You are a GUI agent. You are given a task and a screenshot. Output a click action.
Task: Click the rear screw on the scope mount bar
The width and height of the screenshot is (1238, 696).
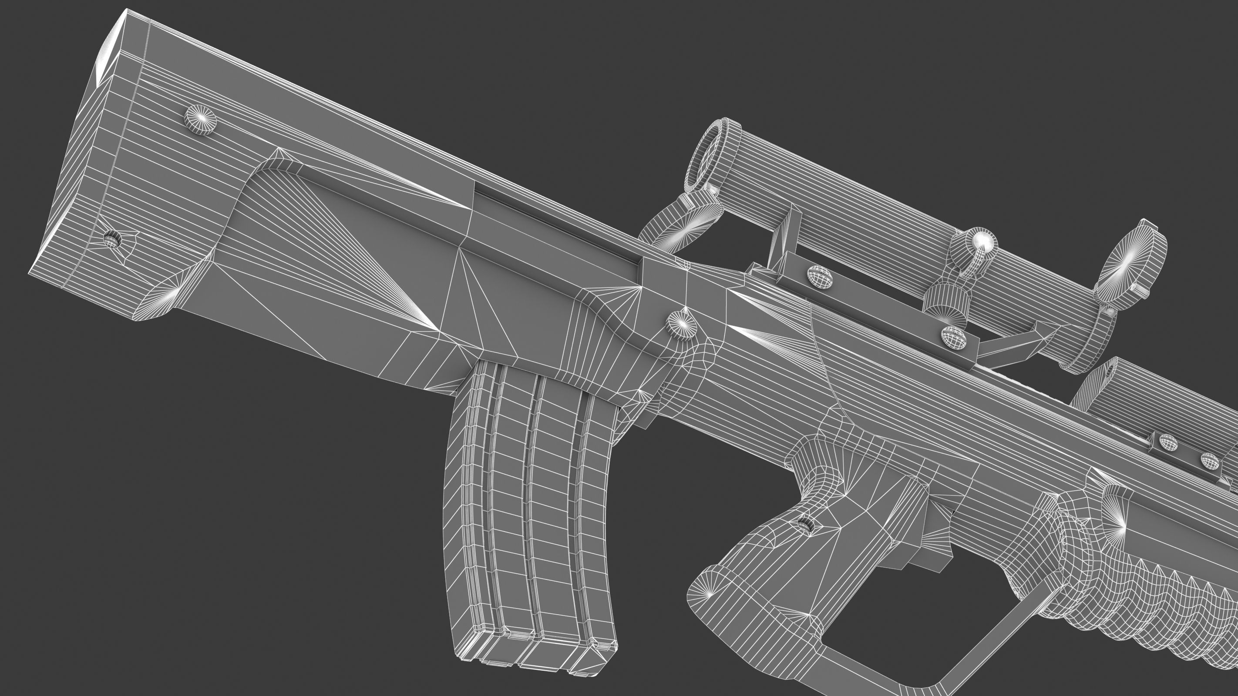point(820,277)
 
